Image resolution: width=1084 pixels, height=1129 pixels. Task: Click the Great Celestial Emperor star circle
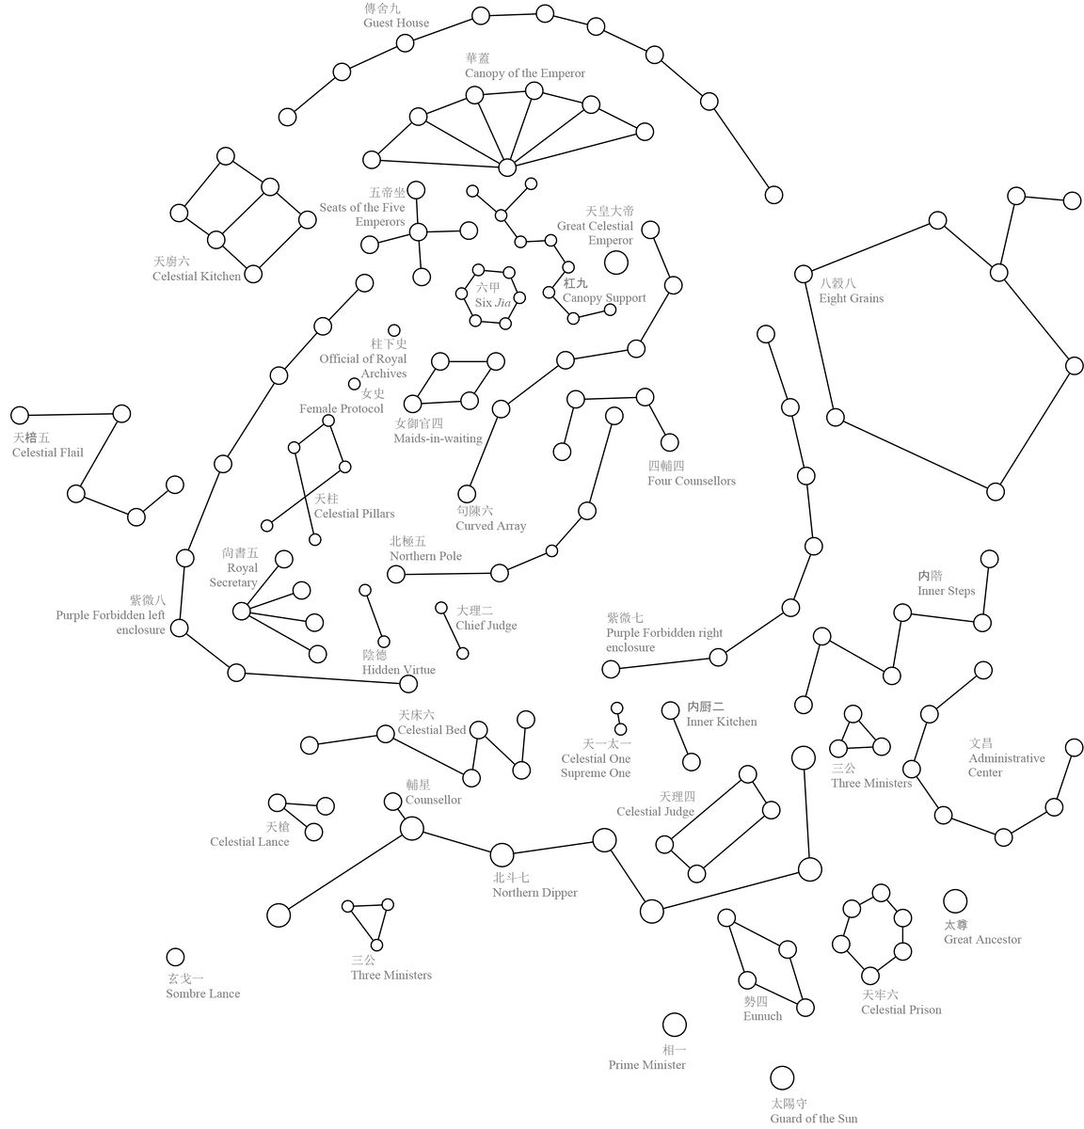pos(615,262)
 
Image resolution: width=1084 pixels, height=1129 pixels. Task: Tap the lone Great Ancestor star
pos(954,901)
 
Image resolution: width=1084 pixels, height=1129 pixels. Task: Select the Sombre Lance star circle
pos(175,957)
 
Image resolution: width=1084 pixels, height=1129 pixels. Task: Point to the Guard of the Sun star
pos(782,1078)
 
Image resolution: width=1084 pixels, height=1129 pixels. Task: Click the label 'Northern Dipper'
pos(534,892)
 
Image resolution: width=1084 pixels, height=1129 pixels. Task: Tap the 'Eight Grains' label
pos(852,298)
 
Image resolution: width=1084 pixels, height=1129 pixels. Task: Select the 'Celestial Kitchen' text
pos(197,277)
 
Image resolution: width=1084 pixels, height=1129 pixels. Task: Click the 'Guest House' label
pos(396,23)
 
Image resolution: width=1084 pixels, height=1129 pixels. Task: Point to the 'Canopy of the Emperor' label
pos(524,73)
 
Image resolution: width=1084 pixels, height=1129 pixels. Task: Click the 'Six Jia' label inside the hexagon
pos(493,302)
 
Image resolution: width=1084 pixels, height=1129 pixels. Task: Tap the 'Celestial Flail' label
pos(48,453)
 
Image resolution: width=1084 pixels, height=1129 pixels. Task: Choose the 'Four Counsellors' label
pos(691,481)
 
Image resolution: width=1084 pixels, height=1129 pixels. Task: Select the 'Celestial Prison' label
pos(901,1010)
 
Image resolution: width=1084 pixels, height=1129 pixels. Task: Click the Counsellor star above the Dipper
pos(393,802)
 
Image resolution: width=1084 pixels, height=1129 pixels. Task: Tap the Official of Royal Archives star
pos(394,330)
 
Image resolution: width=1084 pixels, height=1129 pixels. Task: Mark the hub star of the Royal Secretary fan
pos(242,611)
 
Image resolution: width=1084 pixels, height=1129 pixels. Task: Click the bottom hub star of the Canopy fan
pos(506,167)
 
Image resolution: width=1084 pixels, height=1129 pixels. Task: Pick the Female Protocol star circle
pos(354,384)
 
